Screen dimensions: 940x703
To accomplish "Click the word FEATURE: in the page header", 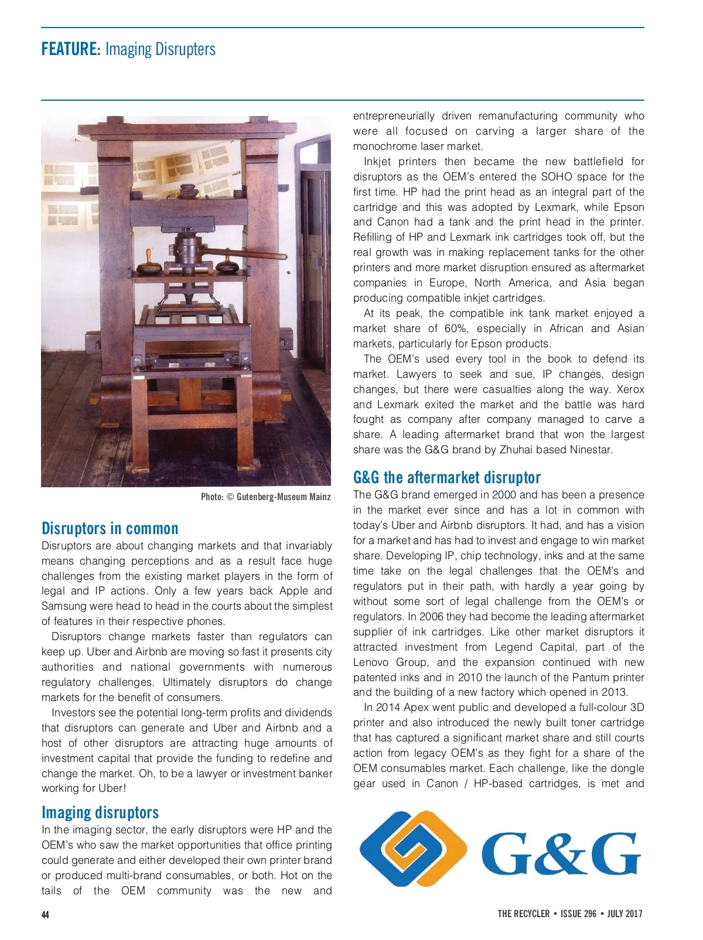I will coord(71,49).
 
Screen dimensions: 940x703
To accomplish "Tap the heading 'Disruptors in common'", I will coord(110,528).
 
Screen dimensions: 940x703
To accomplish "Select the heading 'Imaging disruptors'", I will coord(100,812).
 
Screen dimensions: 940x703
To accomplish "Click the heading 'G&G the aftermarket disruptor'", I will coord(446,477).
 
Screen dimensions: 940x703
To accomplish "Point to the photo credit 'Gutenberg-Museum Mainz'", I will coord(284,497).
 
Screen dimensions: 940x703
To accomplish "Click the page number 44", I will coord(45,914).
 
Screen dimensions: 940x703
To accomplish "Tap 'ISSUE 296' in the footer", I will coord(578,914).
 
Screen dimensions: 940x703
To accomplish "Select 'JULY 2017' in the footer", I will coord(624,914).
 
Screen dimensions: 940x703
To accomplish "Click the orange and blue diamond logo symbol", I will coord(412,849).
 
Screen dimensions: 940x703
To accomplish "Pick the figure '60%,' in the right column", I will coord(457,329).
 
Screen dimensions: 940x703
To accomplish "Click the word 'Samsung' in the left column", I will coord(62,606).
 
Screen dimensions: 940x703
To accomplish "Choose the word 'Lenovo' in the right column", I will coord(371,662).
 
